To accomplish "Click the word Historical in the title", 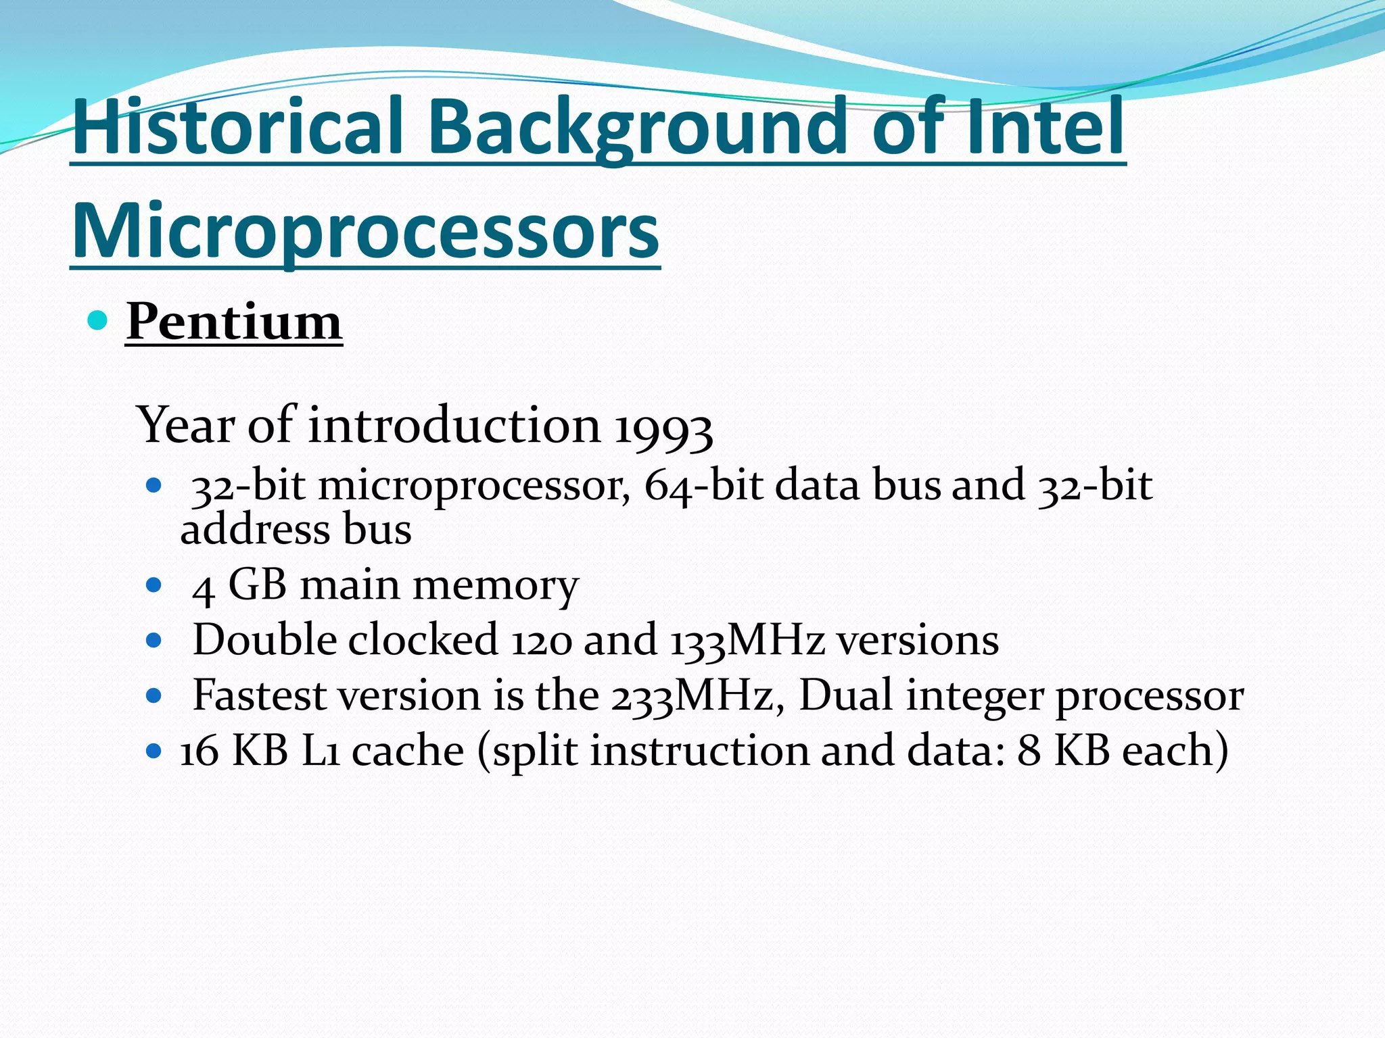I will click(x=238, y=126).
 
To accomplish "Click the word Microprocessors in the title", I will click(x=365, y=232).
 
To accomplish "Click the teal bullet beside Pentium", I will click(x=98, y=320).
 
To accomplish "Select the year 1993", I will click(x=663, y=427).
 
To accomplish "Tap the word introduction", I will click(x=454, y=426).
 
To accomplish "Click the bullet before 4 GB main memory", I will click(x=154, y=585).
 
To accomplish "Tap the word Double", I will click(x=264, y=639).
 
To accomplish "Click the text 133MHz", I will click(x=747, y=640).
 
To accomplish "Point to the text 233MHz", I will click(x=692, y=695).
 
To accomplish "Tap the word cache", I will click(x=408, y=751).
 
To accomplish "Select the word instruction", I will click(x=699, y=751).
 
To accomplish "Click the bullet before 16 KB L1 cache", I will click(x=154, y=751).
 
